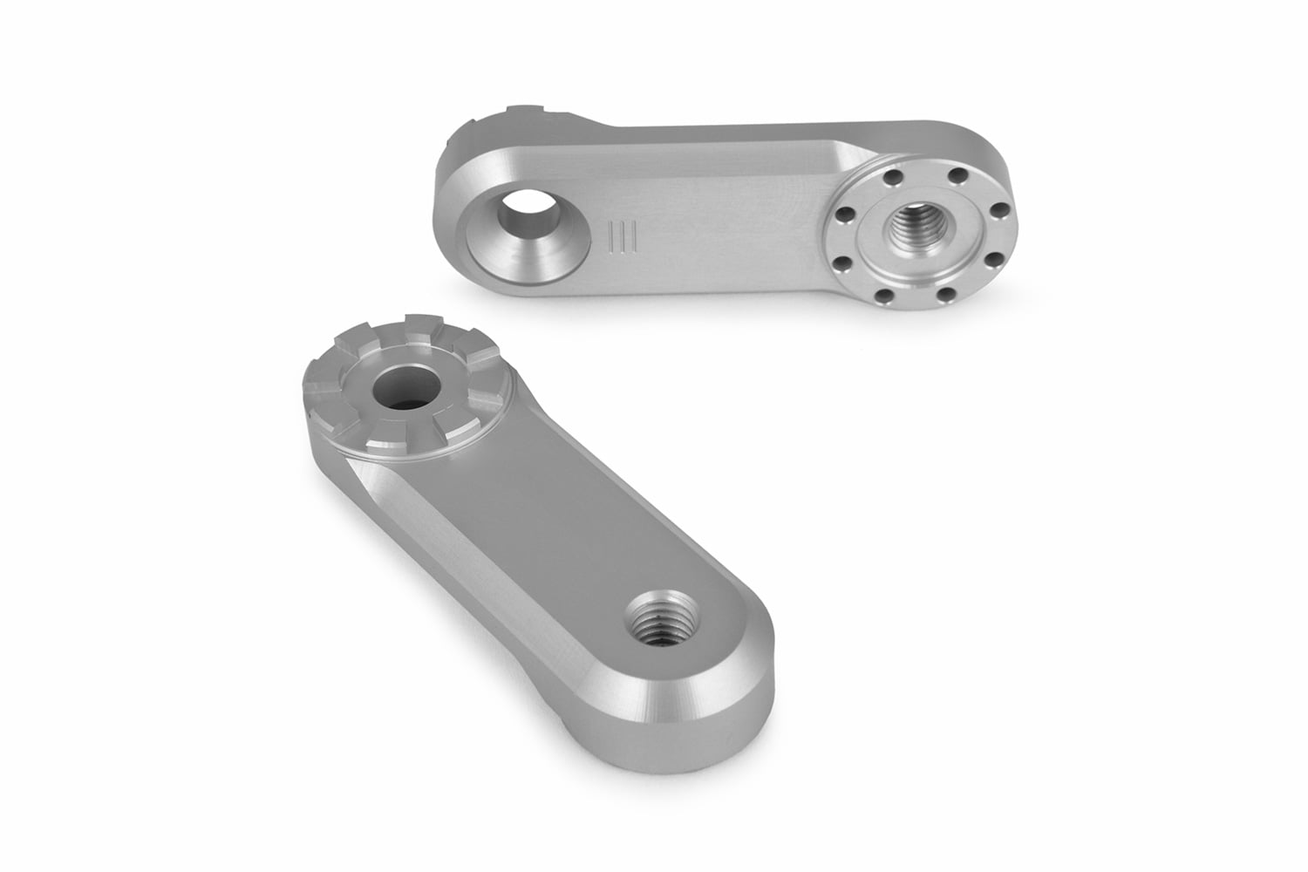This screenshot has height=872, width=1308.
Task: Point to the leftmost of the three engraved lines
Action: [x=613, y=237]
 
